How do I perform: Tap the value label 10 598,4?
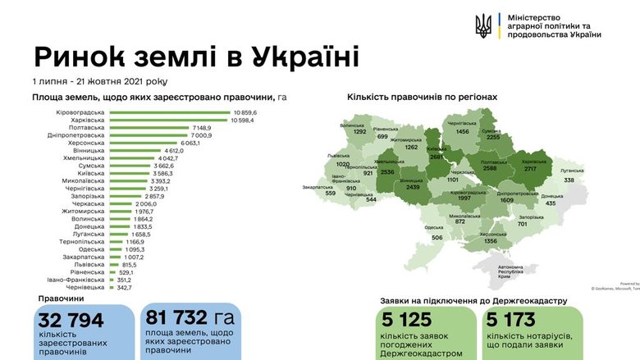(245, 120)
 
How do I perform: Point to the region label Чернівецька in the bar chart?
(85, 287)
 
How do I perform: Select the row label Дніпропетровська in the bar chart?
(77, 135)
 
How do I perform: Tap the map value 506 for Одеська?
(437, 238)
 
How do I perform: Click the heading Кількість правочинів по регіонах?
(422, 97)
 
